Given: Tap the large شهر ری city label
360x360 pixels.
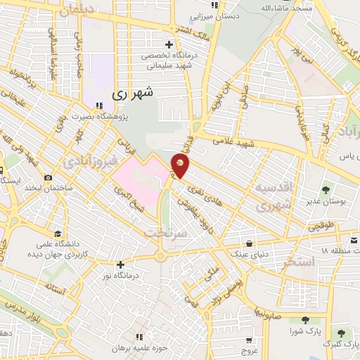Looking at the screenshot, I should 134,93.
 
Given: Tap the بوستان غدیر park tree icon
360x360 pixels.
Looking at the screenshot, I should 325,190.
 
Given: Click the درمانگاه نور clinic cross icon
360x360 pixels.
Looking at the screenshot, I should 121,265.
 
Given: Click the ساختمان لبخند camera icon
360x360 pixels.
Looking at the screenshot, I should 48,178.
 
